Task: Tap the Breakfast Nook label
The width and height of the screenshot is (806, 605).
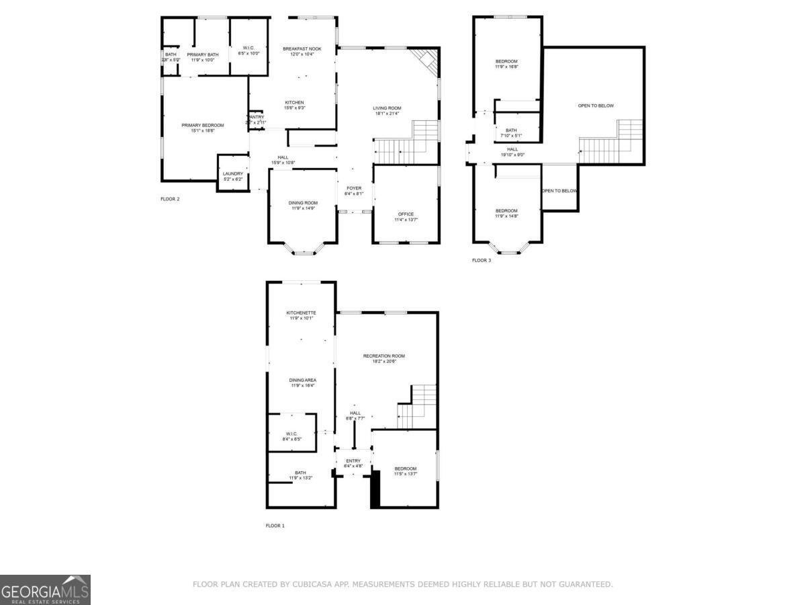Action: (x=302, y=48)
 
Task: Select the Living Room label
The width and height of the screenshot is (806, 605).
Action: (x=387, y=108)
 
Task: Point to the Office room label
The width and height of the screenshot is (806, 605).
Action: (x=406, y=214)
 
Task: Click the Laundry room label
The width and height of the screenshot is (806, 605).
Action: (x=232, y=174)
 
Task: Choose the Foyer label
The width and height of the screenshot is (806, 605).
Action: (x=354, y=188)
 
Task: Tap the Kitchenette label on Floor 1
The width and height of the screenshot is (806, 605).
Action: (x=301, y=313)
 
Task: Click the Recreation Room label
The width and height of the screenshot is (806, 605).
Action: (x=384, y=356)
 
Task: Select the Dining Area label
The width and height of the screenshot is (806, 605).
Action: (x=302, y=380)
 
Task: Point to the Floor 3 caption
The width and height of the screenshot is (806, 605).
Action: (x=481, y=260)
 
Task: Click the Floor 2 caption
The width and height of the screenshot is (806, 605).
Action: (x=170, y=199)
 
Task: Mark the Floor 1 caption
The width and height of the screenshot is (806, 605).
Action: (x=275, y=526)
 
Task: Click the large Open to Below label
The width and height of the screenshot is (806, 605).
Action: (x=596, y=106)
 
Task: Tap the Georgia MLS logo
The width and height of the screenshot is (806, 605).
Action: (x=45, y=590)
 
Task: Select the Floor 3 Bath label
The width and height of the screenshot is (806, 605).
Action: (x=511, y=130)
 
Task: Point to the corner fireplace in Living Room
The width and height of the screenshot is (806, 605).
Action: (x=426, y=62)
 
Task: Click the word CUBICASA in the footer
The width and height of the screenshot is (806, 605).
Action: (x=312, y=585)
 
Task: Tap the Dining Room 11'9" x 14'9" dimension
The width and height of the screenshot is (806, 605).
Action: (x=303, y=208)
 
